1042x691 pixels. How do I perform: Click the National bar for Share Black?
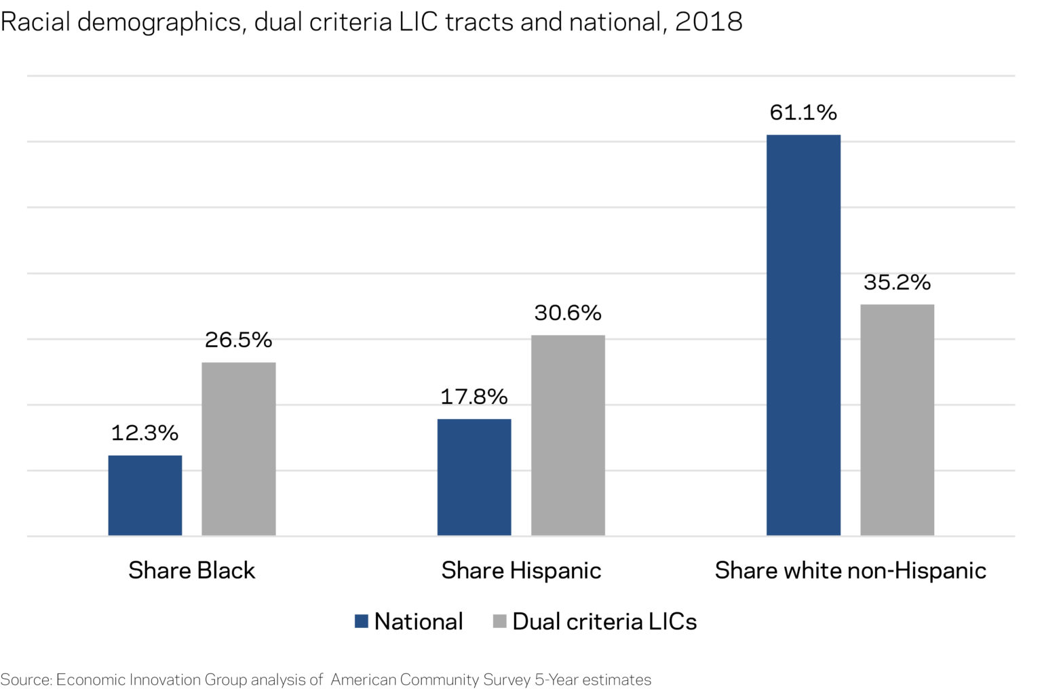145,495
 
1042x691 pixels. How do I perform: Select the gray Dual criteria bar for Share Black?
239,449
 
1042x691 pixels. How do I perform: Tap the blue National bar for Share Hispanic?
474,477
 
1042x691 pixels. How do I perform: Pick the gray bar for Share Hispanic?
568,435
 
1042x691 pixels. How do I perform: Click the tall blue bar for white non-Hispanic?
803,335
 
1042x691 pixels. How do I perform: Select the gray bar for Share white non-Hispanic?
897,420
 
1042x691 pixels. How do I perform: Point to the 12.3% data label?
144,433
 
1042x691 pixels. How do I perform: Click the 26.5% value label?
239,340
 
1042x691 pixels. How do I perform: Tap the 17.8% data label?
474,397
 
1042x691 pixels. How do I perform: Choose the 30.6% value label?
568,313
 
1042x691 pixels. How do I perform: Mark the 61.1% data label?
803,113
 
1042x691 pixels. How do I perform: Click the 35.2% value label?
897,282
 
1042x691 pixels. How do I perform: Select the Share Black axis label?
192,570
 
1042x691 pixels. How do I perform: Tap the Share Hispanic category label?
521,570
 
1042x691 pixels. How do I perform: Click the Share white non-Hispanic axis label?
850,570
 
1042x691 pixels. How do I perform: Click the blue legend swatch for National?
362,621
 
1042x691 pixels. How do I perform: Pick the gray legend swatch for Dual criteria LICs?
500,621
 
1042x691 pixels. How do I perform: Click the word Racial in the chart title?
35,22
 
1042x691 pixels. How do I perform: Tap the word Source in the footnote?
26,679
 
